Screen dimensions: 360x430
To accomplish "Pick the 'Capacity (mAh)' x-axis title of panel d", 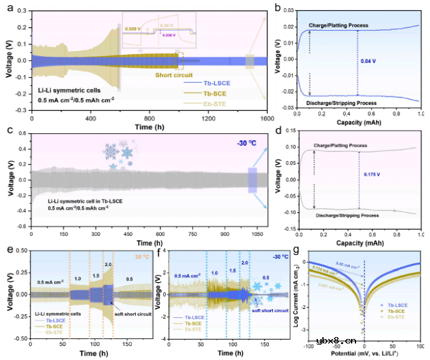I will [361, 242].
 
